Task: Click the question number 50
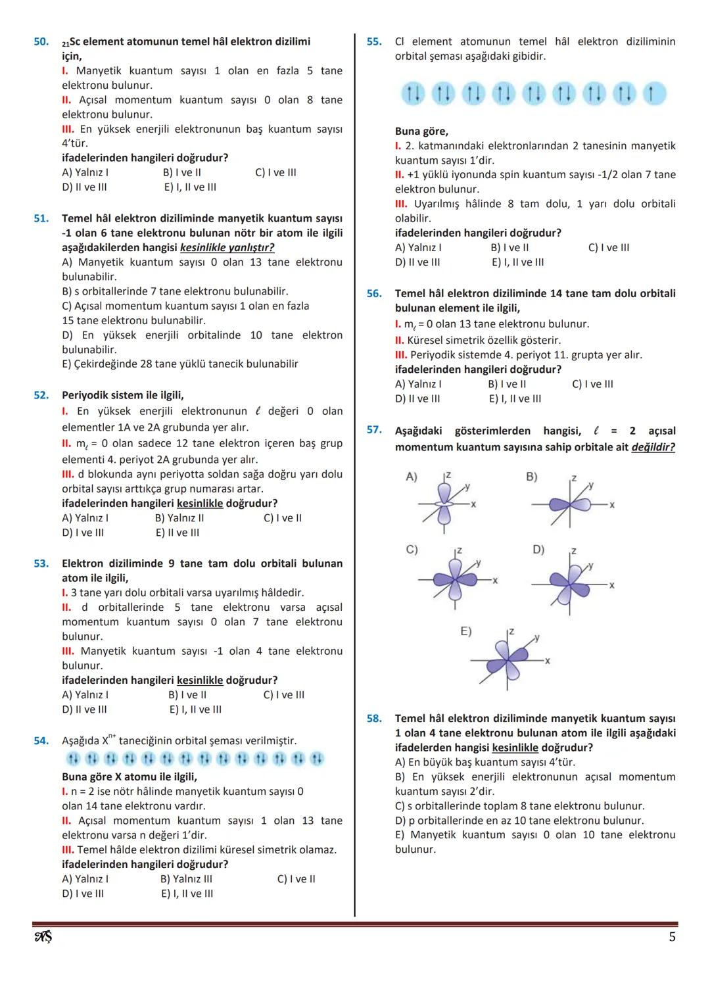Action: click(41, 41)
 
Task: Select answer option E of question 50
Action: click(190, 187)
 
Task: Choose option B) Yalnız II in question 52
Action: click(179, 518)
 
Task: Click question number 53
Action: click(41, 563)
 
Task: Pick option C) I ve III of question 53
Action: click(284, 695)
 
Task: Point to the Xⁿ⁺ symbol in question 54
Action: click(108, 740)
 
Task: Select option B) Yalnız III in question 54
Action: click(186, 879)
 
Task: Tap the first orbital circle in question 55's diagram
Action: click(413, 94)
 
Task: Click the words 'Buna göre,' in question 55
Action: click(421, 131)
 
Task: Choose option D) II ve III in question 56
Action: click(417, 399)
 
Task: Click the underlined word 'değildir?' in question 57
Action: click(653, 448)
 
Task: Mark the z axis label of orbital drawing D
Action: click(573, 550)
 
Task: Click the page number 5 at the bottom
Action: click(672, 937)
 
